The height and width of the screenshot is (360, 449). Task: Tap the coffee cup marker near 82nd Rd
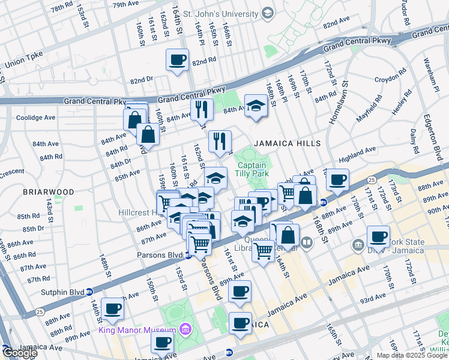176,60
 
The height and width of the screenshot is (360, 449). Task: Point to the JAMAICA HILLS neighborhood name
287,143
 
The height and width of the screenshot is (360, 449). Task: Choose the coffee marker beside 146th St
112,310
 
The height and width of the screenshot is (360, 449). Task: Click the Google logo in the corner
20,353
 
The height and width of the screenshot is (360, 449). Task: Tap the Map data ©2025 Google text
411,355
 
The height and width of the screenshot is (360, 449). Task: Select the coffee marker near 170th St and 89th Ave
378,236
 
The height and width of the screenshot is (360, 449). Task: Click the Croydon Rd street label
390,79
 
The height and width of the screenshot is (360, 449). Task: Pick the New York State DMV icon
358,244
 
